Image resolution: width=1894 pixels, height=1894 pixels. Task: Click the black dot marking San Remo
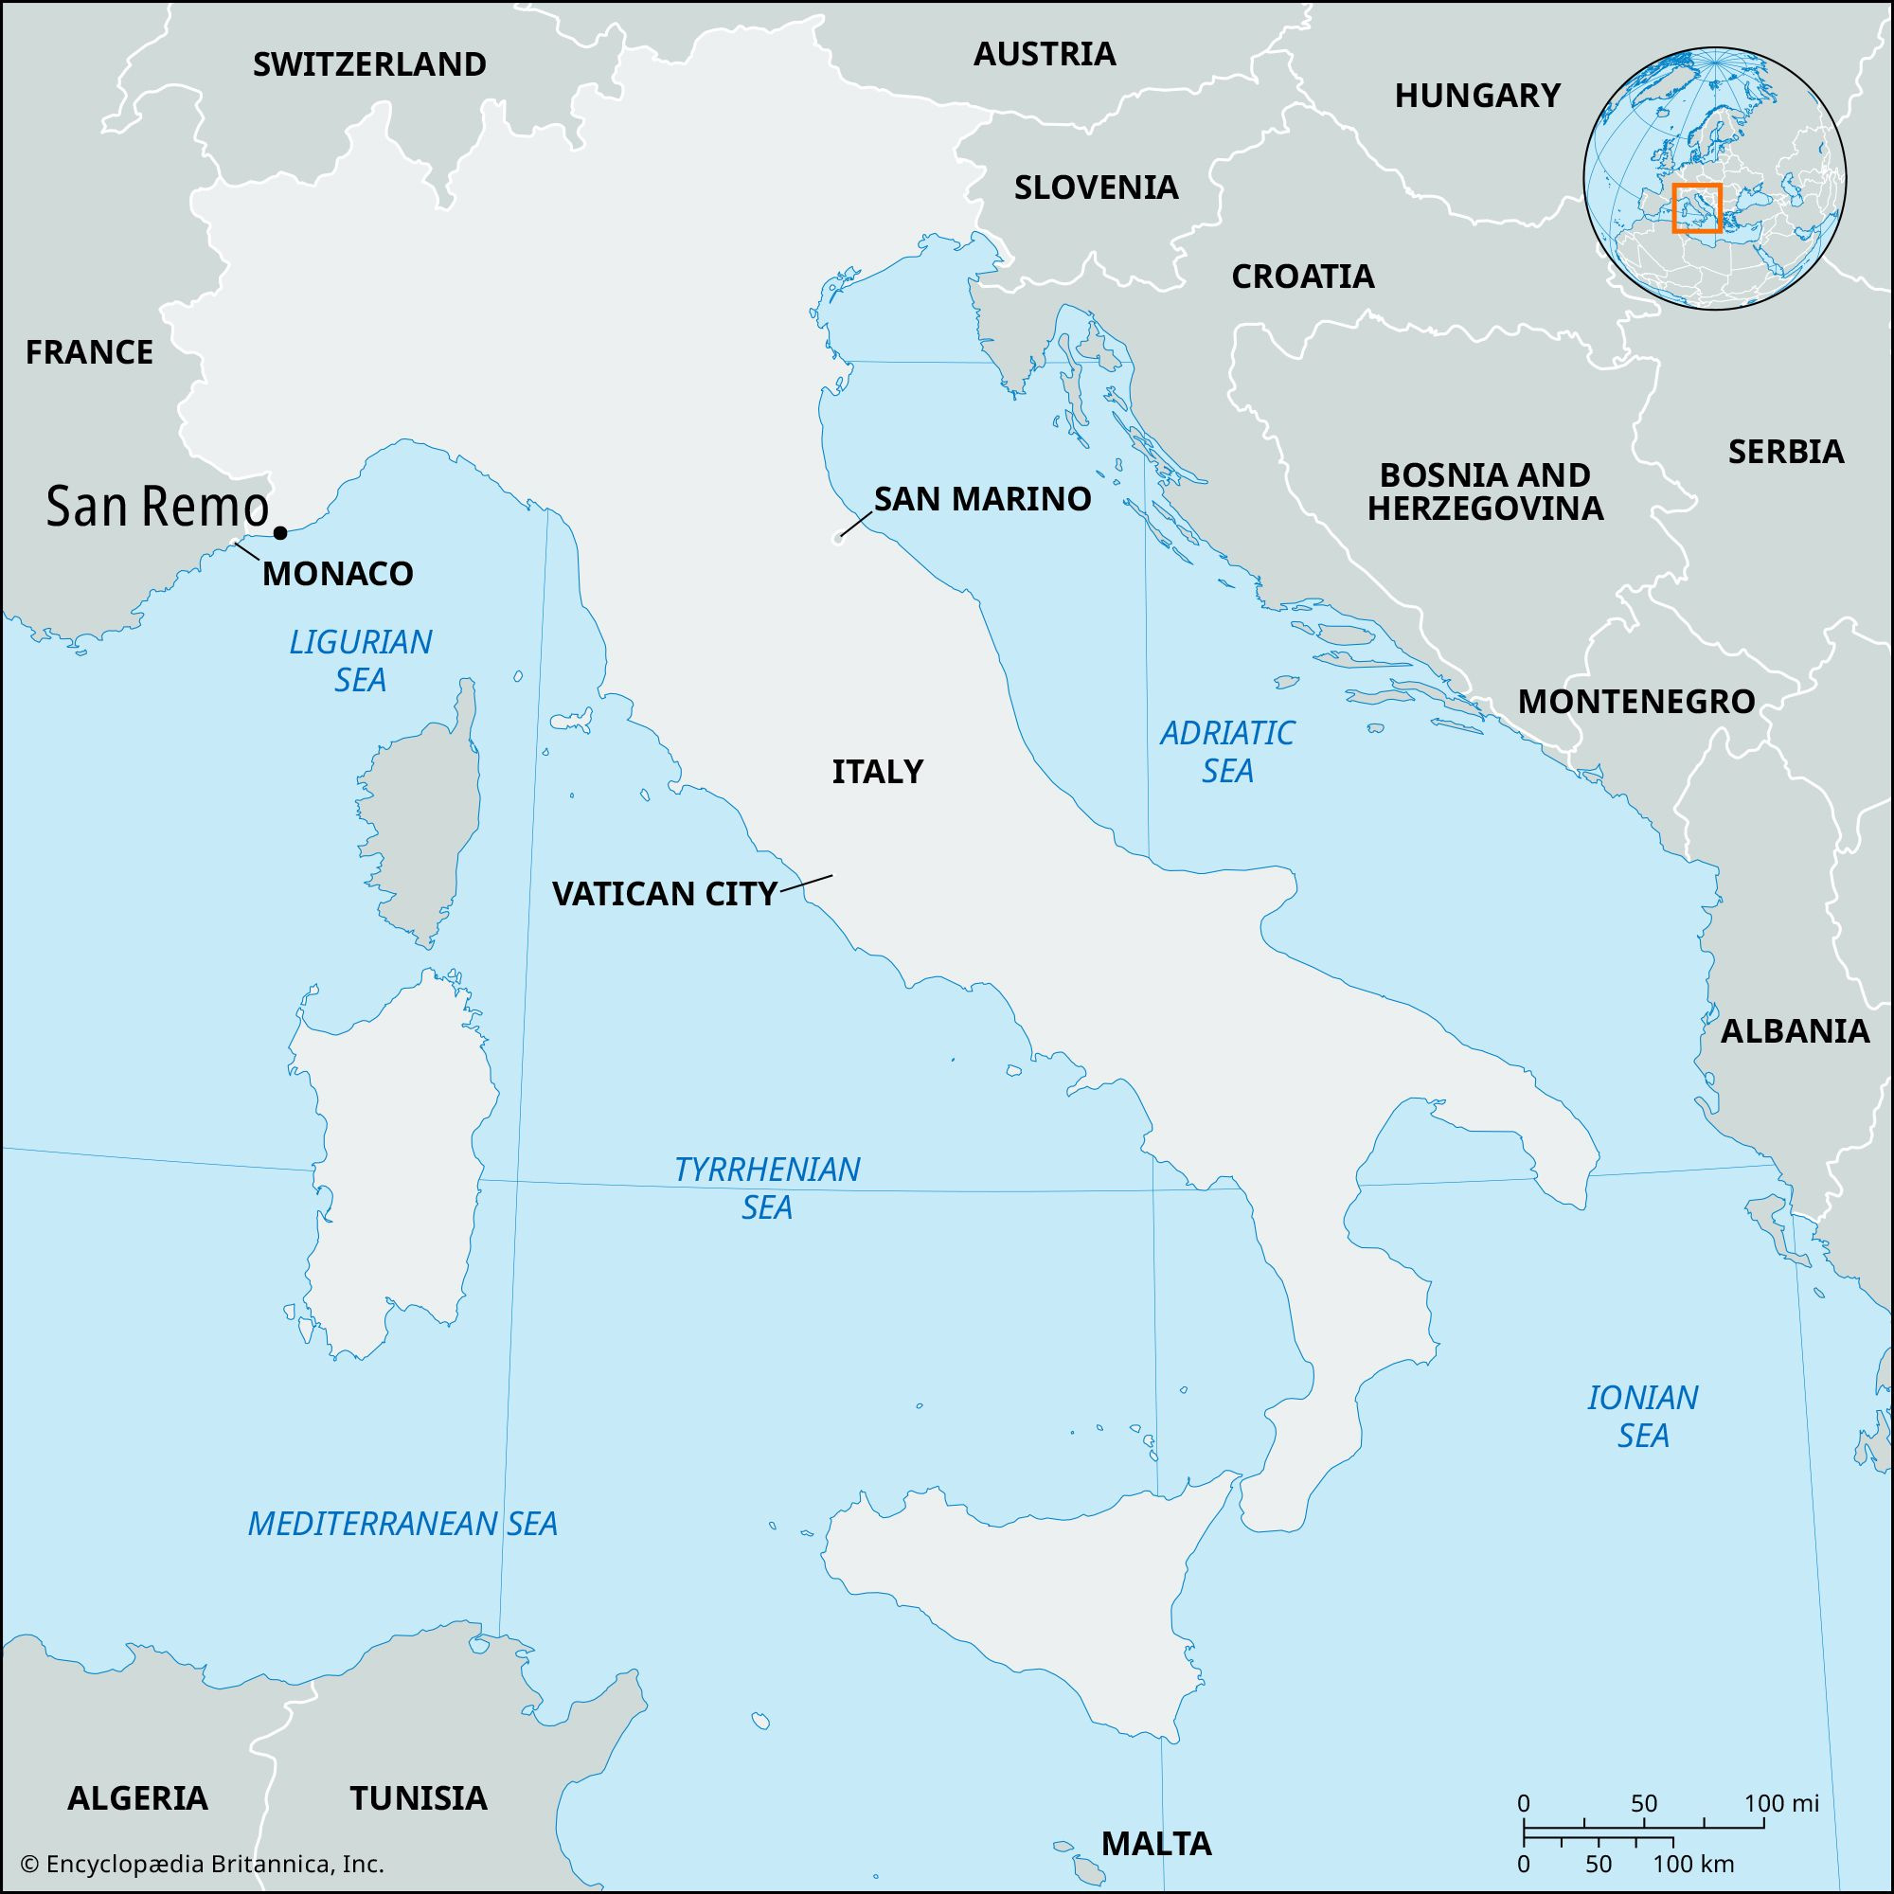(280, 532)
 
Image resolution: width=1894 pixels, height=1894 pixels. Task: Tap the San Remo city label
(157, 508)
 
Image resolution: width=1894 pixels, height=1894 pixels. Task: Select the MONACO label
(337, 574)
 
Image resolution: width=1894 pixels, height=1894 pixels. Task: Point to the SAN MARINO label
(982, 499)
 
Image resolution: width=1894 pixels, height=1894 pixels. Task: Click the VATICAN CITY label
(665, 893)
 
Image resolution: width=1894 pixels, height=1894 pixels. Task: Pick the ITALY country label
(878, 772)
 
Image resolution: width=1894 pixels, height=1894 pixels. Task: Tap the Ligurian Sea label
(361, 660)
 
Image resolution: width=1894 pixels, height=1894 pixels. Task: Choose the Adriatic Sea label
(1227, 751)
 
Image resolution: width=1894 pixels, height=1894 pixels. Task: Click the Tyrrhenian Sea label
(767, 1188)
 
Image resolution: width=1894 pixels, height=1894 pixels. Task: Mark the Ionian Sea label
(1643, 1416)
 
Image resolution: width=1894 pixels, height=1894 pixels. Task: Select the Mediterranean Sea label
(402, 1524)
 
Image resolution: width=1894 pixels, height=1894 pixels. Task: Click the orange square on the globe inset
(1697, 207)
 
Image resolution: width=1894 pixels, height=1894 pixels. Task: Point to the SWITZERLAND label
(369, 64)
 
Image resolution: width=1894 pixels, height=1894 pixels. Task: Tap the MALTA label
(1157, 1843)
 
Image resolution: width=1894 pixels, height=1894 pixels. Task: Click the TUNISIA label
(419, 1797)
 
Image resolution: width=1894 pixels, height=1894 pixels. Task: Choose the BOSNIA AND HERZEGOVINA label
(1485, 491)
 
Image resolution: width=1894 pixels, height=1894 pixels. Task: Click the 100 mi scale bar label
(1781, 1803)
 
